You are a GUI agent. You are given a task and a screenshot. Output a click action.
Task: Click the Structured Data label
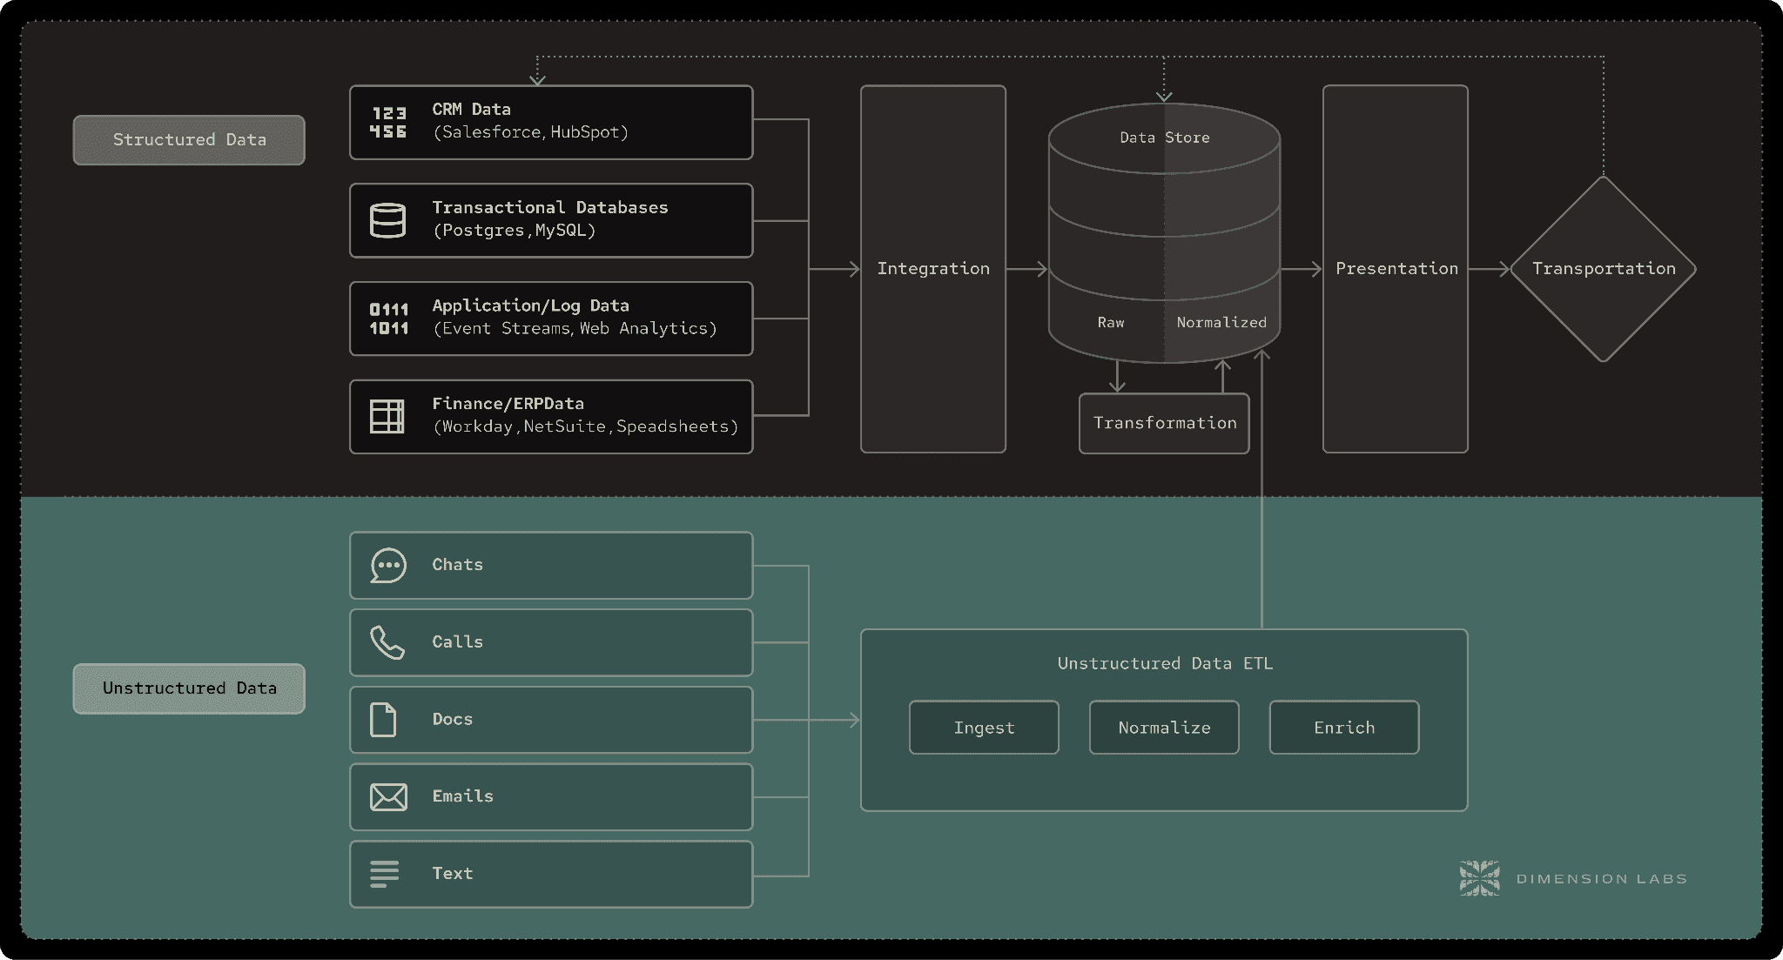(x=189, y=140)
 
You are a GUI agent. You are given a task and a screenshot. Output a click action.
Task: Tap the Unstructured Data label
(x=189, y=688)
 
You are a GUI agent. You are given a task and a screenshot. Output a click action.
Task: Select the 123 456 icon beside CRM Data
(x=388, y=123)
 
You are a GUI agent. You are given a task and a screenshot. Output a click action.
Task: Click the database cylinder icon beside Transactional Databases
(x=387, y=220)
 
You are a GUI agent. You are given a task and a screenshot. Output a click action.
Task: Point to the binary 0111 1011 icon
(x=388, y=319)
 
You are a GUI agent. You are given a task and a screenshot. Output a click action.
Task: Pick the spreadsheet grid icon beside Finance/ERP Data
(x=387, y=417)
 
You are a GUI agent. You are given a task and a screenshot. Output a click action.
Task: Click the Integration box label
(x=933, y=269)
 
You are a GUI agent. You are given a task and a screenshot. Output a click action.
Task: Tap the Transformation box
(x=1164, y=423)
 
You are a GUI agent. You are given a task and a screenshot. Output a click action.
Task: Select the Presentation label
(x=1396, y=269)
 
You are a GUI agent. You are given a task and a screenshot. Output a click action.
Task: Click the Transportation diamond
(x=1603, y=269)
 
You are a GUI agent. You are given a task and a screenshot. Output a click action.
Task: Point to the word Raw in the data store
(x=1111, y=323)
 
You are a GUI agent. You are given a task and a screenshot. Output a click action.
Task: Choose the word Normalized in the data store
(x=1221, y=323)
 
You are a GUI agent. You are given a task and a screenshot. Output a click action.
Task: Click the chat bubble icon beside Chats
(x=388, y=566)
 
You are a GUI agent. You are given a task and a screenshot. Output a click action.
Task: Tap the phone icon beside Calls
(x=387, y=642)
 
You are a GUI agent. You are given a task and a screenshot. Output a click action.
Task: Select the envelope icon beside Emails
(x=388, y=797)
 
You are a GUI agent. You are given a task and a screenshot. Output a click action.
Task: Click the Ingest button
(x=984, y=728)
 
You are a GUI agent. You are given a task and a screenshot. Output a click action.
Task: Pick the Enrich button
(x=1344, y=728)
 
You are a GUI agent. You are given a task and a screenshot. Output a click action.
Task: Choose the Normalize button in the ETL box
(x=1164, y=728)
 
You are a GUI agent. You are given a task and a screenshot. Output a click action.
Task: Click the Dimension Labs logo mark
(x=1479, y=878)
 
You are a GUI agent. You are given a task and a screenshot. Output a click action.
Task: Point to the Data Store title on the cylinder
(x=1165, y=138)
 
